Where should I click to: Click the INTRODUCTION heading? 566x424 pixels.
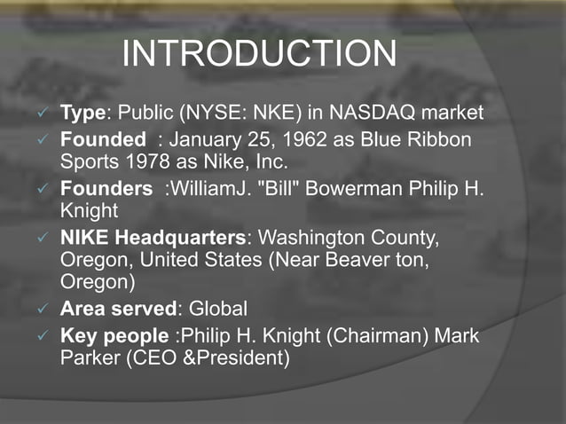pos(258,53)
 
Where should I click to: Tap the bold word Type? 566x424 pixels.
pos(83,114)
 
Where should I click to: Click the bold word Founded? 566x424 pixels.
pos(102,140)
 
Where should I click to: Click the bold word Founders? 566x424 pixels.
pos(106,189)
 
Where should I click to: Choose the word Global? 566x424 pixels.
pos(217,310)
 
